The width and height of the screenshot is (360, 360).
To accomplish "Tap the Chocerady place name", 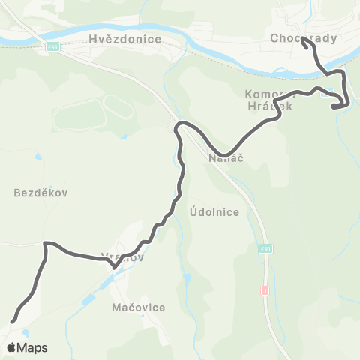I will tap(304, 37).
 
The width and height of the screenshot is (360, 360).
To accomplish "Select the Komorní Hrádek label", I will tap(268, 100).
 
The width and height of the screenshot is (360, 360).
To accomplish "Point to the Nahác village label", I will tap(223, 159).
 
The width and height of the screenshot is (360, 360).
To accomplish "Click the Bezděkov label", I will tap(41, 193).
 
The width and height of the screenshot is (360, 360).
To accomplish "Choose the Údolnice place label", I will tap(214, 212).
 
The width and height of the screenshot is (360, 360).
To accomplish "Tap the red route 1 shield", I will tap(265, 289).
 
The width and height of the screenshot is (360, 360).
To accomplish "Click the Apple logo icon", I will tap(11, 347).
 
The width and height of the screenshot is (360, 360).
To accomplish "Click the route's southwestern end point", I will tap(12, 321).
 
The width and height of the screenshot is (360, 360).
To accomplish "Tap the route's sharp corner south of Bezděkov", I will tap(46, 243).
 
